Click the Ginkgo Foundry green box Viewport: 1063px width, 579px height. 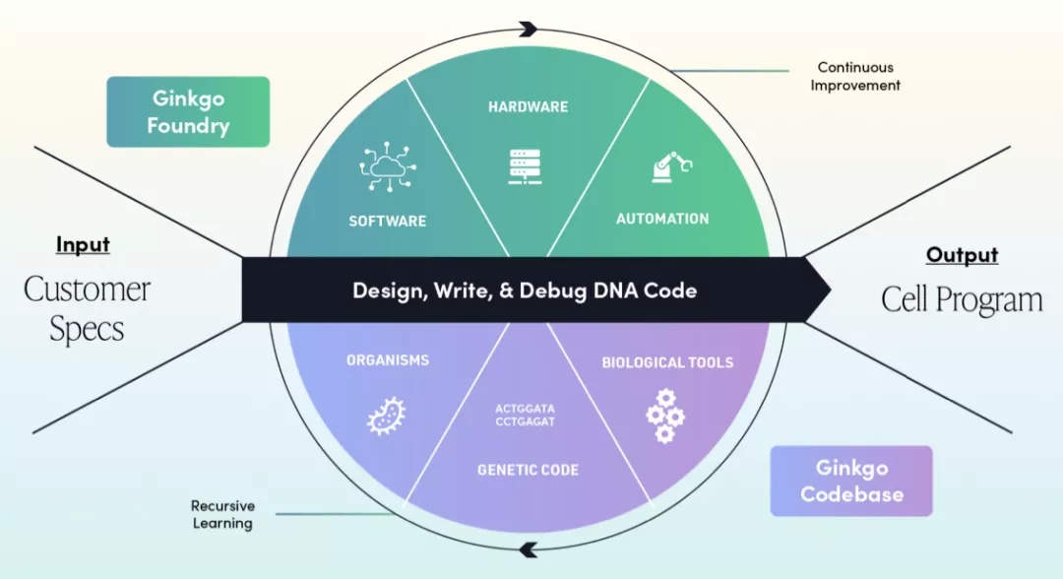click(x=188, y=112)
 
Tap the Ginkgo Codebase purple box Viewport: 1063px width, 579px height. click(x=850, y=481)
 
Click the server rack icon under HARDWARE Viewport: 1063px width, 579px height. click(x=529, y=165)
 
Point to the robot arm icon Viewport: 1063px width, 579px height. click(x=670, y=165)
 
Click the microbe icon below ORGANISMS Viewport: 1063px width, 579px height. click(x=387, y=416)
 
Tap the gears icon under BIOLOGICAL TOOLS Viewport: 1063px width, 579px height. click(x=665, y=416)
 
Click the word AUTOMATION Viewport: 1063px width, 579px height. click(x=662, y=219)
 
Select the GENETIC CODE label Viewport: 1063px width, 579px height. click(x=529, y=470)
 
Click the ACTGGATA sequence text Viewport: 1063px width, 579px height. click(x=529, y=407)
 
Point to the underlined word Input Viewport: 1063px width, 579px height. click(x=83, y=244)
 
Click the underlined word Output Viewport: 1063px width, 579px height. click(x=962, y=255)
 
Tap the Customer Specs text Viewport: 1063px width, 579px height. click(x=87, y=309)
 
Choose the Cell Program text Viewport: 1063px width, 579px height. click(x=962, y=299)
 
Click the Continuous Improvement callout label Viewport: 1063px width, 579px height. click(x=855, y=77)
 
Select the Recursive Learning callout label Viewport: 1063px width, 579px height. click(x=222, y=514)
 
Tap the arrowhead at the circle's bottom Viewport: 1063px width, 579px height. click(x=529, y=549)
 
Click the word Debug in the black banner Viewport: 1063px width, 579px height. click(x=593, y=290)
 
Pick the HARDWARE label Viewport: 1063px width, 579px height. click(x=529, y=106)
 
